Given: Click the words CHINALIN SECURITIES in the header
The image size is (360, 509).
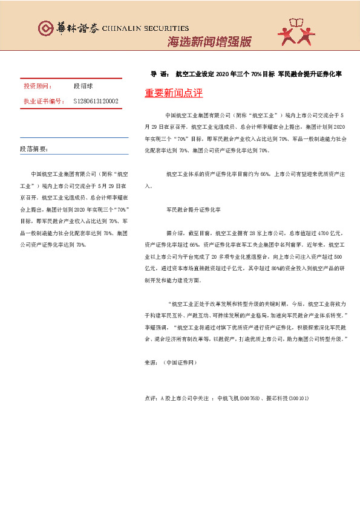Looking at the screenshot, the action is [x=145, y=28].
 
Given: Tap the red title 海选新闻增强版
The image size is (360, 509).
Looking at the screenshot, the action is [x=209, y=42].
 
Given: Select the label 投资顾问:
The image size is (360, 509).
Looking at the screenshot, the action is [x=38, y=87].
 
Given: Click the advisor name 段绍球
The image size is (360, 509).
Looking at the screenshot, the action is [x=83, y=87].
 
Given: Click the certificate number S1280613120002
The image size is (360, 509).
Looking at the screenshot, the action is [x=96, y=101].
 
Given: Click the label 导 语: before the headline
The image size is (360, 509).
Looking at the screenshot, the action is [x=159, y=75].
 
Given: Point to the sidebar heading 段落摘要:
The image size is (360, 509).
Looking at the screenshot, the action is [x=34, y=148].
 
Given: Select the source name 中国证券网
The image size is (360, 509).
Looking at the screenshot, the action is [x=180, y=363].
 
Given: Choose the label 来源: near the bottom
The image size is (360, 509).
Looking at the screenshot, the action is [x=151, y=363].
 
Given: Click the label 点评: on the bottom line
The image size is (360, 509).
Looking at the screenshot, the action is [x=151, y=399].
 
